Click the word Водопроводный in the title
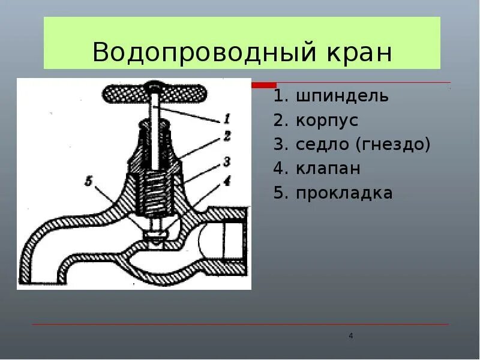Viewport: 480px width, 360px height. pos(200,53)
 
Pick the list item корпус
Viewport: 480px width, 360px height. pos(326,121)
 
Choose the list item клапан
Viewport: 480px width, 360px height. pos(328,169)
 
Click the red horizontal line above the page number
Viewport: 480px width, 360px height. pos(240,325)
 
